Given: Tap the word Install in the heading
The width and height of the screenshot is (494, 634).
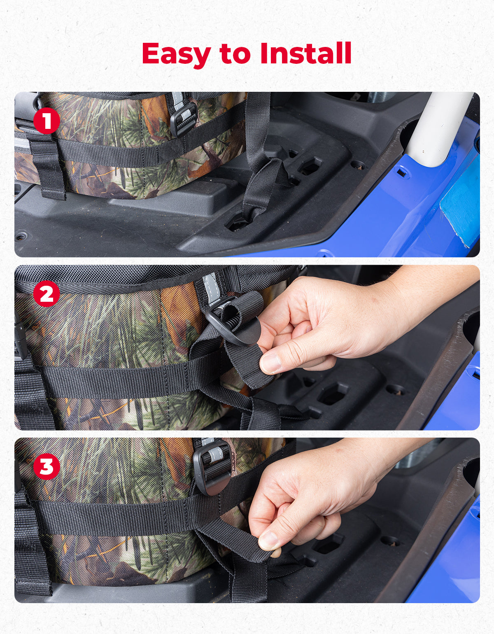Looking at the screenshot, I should (305, 53).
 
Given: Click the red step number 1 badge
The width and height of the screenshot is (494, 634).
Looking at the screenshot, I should (47, 121).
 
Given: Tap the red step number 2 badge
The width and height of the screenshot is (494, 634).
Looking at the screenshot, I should (47, 294).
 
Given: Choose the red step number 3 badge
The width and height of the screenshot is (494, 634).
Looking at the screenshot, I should (47, 467).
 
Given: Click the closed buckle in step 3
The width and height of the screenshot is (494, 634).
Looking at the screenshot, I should (212, 467).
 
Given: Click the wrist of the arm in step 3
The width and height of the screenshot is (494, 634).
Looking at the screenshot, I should (370, 465).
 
